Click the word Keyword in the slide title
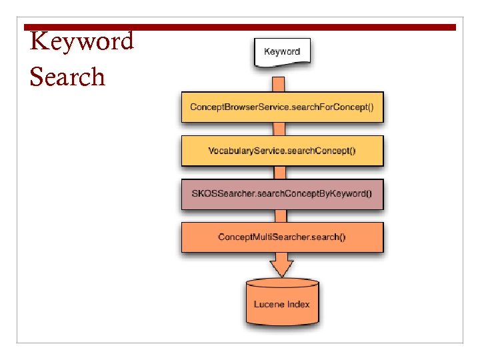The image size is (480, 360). click(82, 41)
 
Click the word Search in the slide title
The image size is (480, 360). click(67, 77)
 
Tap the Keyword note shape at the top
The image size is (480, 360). click(282, 52)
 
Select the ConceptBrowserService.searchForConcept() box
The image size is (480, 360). click(282, 107)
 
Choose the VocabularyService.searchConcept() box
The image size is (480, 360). click(282, 151)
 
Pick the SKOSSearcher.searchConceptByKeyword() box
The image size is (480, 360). click(282, 195)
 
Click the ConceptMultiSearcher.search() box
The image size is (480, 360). click(282, 237)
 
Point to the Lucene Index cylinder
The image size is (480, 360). click(282, 303)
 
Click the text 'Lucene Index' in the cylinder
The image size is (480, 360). click(282, 304)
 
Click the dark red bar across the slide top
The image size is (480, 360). click(240, 27)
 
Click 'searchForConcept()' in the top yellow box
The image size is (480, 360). click(331, 107)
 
